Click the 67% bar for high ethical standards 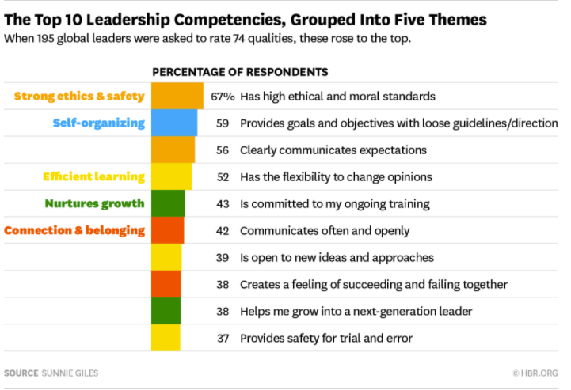[177, 97]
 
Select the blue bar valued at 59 [174, 123]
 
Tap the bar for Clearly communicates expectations [173, 150]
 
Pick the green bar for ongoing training [168, 204]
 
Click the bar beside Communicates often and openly [167, 231]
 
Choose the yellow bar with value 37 [166, 339]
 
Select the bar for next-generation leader [166, 312]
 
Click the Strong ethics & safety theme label [79, 97]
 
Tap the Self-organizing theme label [99, 123]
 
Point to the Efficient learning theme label [93, 177]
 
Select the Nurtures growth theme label [94, 204]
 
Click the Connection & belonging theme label [75, 231]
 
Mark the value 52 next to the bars [223, 177]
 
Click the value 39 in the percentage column [223, 258]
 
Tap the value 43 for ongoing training [223, 204]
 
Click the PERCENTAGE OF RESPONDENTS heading [240, 72]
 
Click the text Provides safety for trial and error [326, 339]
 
